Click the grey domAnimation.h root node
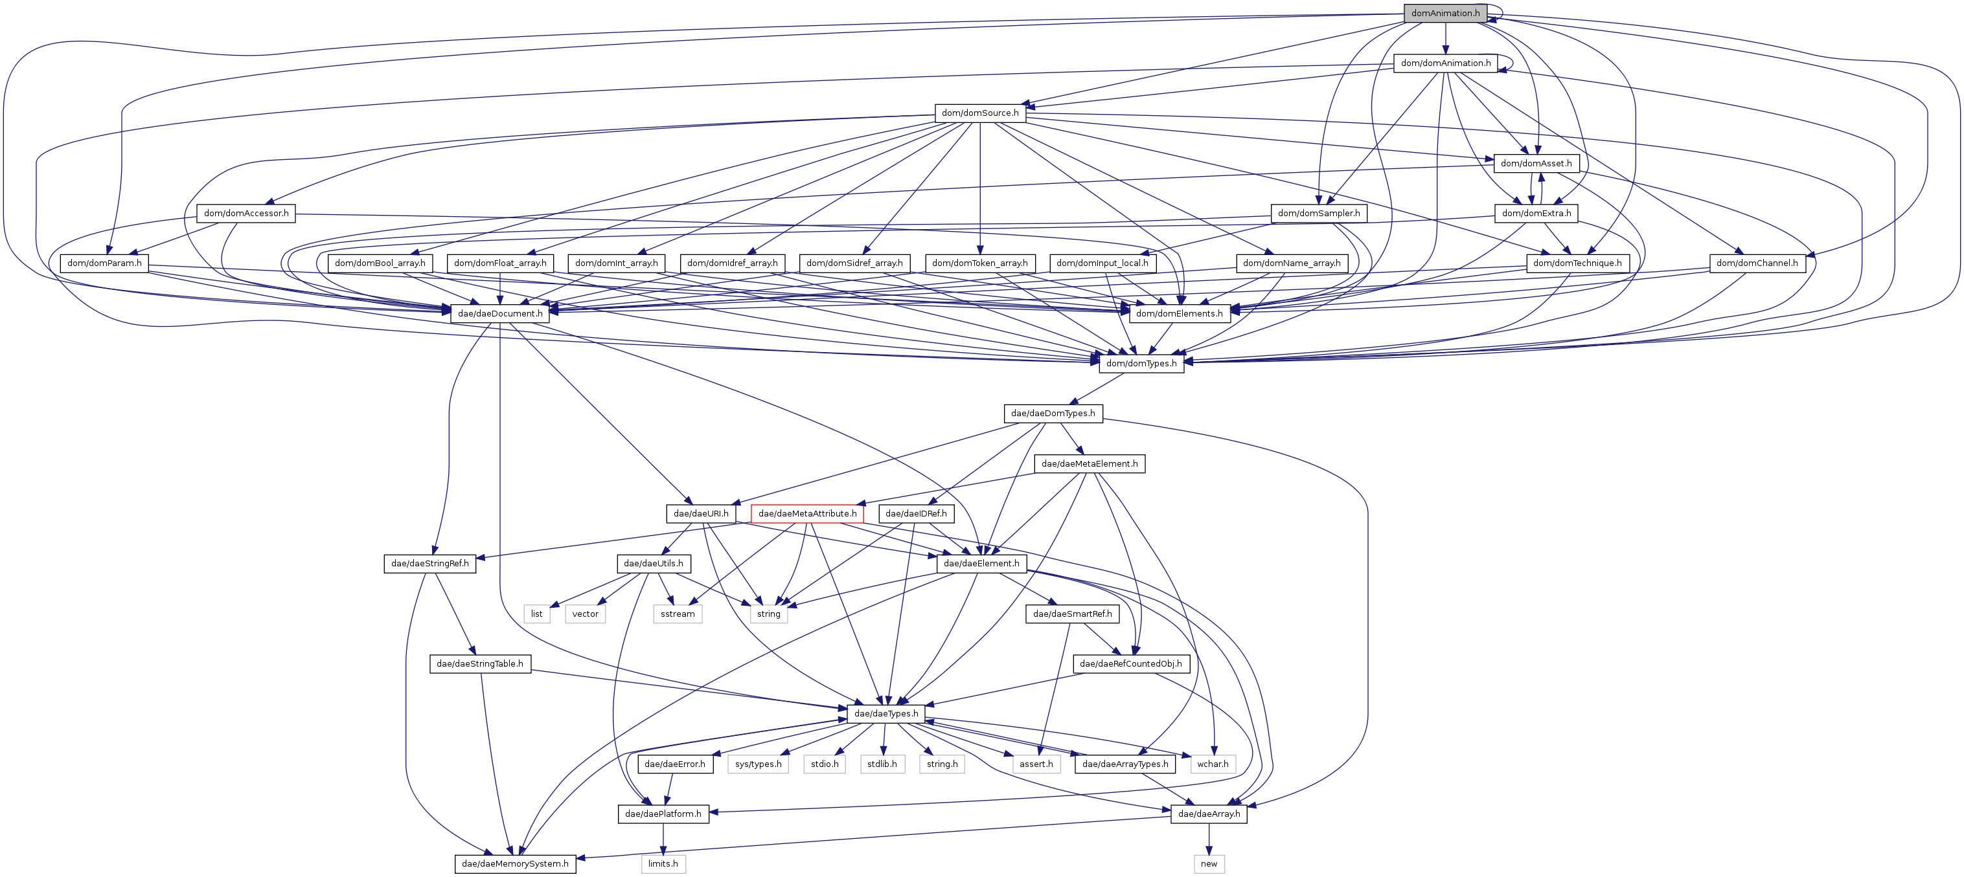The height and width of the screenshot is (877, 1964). click(x=1444, y=13)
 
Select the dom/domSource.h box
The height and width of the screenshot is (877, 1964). click(x=979, y=113)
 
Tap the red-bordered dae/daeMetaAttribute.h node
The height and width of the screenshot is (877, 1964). click(x=806, y=513)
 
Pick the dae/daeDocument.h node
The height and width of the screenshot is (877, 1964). click(x=499, y=313)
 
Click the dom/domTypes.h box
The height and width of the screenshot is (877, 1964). click(x=1141, y=364)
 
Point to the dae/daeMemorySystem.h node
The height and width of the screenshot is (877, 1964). click(x=514, y=863)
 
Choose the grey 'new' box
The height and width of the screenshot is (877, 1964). click(x=1209, y=863)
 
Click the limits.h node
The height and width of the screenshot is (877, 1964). click(x=663, y=863)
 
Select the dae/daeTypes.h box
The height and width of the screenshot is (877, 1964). click(x=886, y=713)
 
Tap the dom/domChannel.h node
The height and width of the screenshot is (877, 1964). click(x=1757, y=263)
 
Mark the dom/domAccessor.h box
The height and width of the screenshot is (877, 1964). click(x=246, y=214)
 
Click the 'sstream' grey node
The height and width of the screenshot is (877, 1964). click(x=677, y=614)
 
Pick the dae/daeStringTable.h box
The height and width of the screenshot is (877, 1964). click(x=479, y=663)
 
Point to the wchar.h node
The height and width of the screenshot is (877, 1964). click(x=1212, y=764)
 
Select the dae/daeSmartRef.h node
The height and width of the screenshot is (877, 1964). click(x=1072, y=614)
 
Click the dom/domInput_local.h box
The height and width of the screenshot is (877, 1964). click(x=1102, y=263)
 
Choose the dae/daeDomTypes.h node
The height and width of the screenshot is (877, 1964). click(x=1052, y=413)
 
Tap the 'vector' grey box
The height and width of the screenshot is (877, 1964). click(x=585, y=614)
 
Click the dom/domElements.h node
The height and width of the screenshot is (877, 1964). click(x=1179, y=313)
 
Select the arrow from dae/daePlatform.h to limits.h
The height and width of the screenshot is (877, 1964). click(x=663, y=838)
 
